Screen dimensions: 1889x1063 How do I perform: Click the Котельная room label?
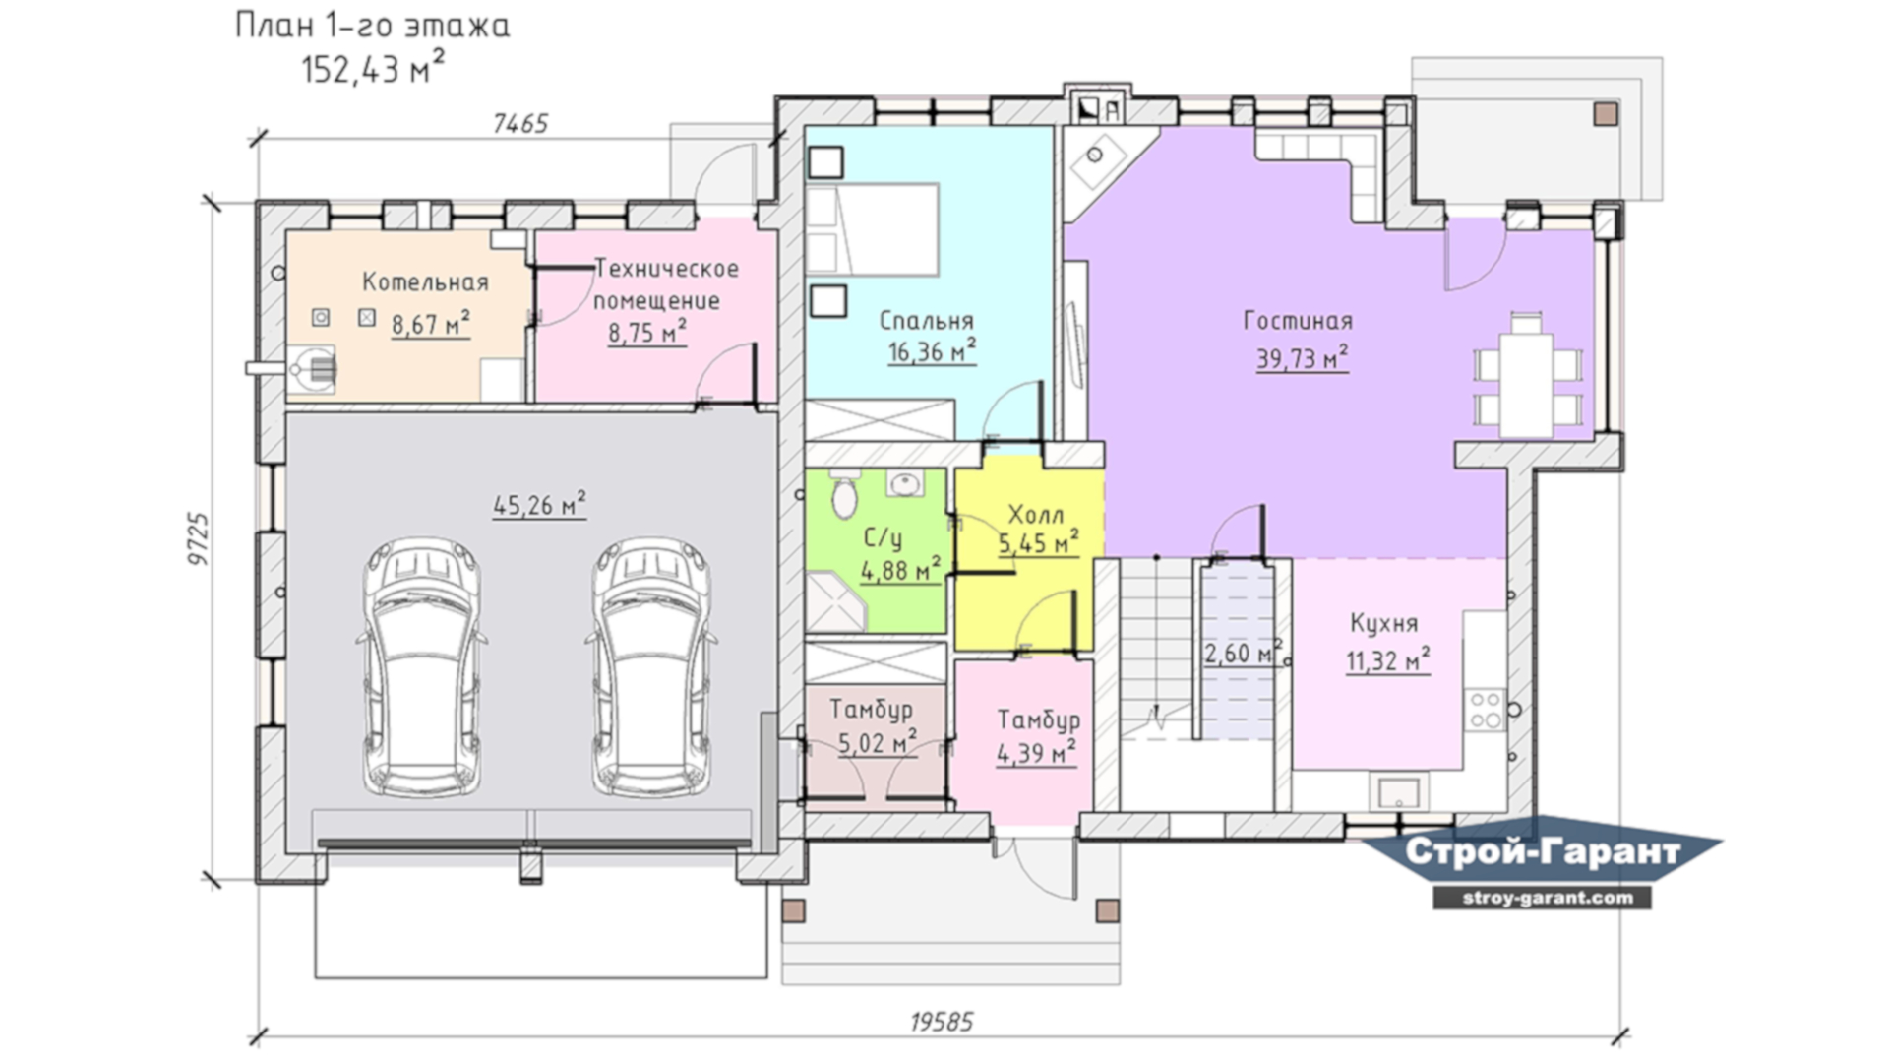(425, 282)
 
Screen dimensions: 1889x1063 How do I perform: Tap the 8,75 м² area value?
(646, 332)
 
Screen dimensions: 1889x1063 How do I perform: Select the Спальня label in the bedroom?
(927, 321)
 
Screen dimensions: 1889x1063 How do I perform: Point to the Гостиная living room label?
(1298, 321)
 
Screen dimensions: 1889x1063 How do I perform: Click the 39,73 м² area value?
(1302, 357)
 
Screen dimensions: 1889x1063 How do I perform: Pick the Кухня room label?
(1383, 624)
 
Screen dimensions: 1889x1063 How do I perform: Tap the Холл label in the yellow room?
(1036, 515)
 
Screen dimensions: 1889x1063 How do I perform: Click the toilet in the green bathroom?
(844, 494)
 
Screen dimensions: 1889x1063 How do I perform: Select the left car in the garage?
(422, 666)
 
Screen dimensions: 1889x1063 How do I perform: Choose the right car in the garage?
(652, 666)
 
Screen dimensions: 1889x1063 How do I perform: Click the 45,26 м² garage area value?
(539, 505)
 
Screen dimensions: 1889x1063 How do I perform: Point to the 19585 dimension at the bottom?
(942, 1022)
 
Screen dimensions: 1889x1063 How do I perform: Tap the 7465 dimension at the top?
(520, 123)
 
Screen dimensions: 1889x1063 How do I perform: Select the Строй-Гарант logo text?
(1543, 851)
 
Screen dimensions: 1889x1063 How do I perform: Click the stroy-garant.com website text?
(1542, 898)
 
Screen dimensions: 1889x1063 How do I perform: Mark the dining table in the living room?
(1526, 374)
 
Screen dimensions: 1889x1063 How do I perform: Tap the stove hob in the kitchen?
(1485, 710)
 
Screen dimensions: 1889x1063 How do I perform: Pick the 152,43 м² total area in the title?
(373, 68)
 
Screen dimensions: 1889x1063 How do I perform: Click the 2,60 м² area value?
(1244, 653)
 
